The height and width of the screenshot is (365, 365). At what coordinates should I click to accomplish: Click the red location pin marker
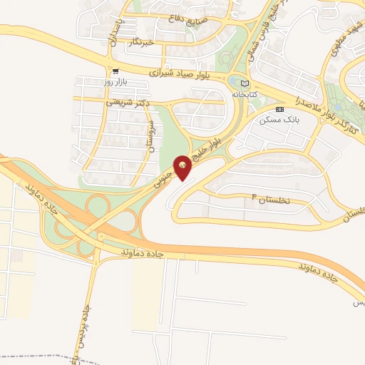point(184,167)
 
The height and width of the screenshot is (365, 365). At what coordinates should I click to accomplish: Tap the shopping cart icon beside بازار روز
point(115,71)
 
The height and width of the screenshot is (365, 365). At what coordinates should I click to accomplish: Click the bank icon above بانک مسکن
point(279,109)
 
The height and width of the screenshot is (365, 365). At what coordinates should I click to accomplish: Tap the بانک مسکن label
point(282,119)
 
